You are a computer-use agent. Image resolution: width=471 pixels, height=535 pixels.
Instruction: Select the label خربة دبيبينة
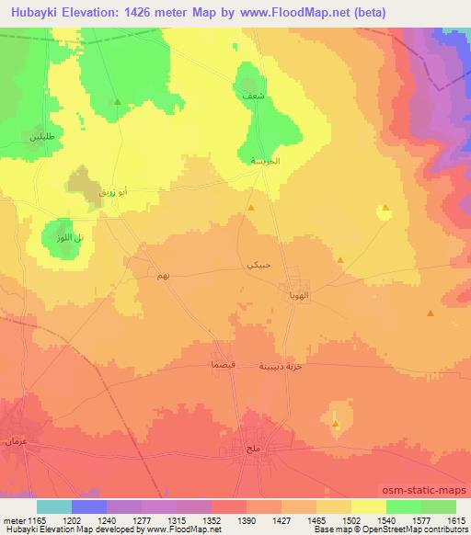(x=285, y=366)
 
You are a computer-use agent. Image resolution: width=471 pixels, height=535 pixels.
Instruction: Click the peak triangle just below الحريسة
(x=251, y=208)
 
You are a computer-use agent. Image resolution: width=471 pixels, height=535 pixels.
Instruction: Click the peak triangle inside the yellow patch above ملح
(x=336, y=424)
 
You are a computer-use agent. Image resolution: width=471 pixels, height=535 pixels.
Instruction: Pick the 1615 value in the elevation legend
(x=455, y=520)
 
